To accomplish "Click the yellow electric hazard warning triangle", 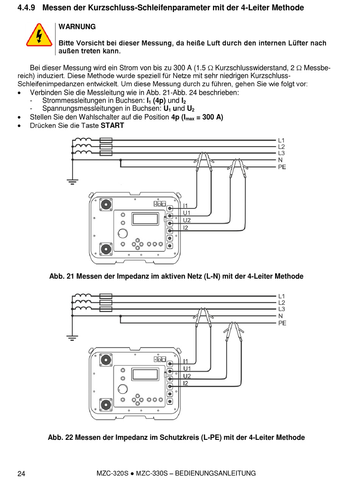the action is pos(39,35).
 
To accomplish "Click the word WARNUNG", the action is pos(77,27).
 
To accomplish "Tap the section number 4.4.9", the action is pos(26,8).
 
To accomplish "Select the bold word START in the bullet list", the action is pos(112,125).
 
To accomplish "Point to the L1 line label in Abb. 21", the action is pos(281,140).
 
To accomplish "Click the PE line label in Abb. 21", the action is pos(282,167).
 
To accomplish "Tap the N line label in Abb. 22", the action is pos(280,316).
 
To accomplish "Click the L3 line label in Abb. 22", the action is pos(282,309).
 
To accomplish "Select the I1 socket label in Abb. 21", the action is pos(185,206).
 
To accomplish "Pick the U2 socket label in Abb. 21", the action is pos(186,220).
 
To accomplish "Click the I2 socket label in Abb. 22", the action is pos(185,383).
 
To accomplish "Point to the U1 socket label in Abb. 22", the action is pos(187,369).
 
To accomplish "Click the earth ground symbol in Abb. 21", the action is pos(72,182).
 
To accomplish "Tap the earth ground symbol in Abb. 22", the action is pos(72,338).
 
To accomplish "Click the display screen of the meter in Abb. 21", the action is pos(145,219).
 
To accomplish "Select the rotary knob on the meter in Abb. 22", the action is pos(122,389).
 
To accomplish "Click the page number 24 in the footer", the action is pos(21,474).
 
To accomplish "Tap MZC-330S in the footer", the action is pos(152,473).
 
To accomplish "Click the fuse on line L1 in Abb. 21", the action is pos(106,140).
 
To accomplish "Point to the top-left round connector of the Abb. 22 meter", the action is pos(106,360).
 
